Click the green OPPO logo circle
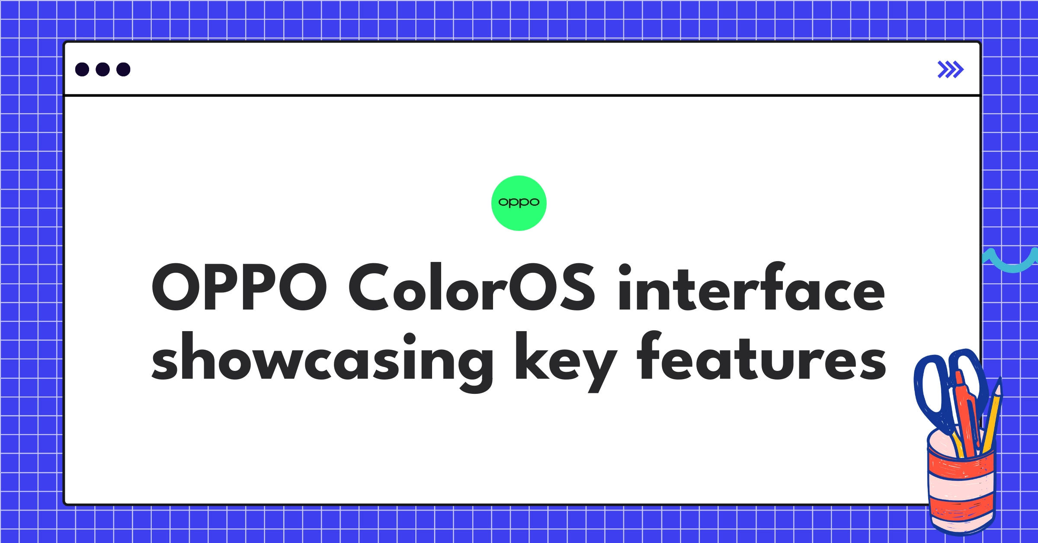click(519, 203)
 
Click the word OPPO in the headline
click(239, 287)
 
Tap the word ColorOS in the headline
click(472, 287)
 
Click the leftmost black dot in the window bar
click(82, 69)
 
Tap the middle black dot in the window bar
click(103, 69)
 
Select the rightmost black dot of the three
click(123, 69)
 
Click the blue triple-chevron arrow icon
click(950, 70)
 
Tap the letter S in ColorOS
click(577, 287)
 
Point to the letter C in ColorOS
click(369, 287)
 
